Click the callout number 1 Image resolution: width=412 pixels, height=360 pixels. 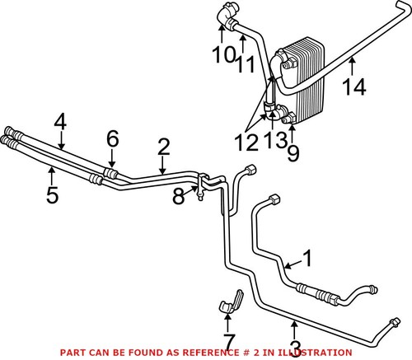(x=307, y=259)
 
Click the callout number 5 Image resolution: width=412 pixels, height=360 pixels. (x=51, y=196)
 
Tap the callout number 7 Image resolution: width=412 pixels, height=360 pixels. (x=229, y=339)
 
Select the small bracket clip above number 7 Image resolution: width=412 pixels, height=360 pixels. (x=230, y=302)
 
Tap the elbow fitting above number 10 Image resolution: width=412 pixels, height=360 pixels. (x=226, y=15)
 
